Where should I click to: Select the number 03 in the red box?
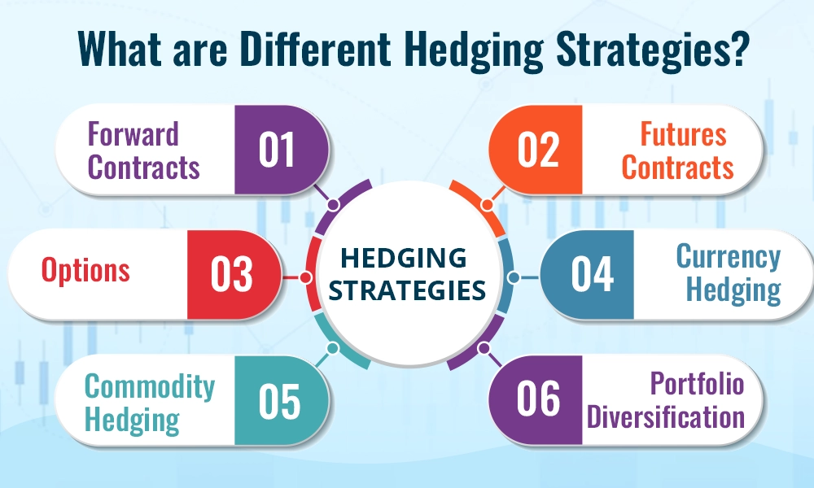(232, 275)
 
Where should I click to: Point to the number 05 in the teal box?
(280, 401)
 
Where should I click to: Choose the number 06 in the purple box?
(538, 399)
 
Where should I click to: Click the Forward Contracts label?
(143, 151)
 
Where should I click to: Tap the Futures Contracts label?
(678, 151)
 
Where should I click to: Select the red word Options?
(85, 271)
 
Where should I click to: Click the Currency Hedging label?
(727, 273)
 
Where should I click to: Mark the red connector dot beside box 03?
(305, 277)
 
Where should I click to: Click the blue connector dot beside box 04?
(512, 277)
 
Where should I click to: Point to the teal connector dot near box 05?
(331, 348)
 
